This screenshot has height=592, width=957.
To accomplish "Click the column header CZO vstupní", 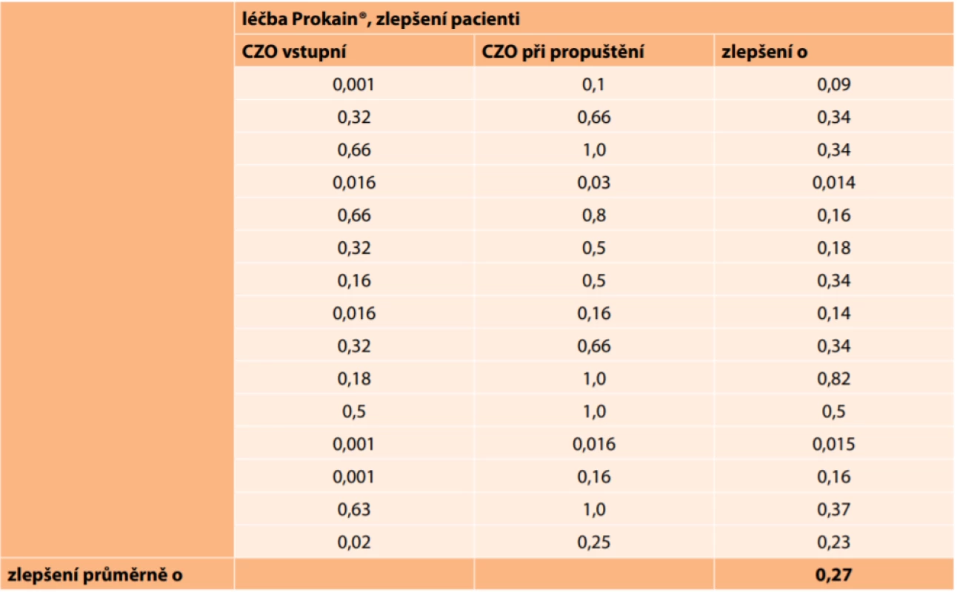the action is pos(294,52).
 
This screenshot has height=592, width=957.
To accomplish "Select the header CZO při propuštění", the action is pos(563,52).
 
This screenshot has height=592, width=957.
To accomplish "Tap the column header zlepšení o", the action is pos(764,52).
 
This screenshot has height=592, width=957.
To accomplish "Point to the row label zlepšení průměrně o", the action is pos(96,574).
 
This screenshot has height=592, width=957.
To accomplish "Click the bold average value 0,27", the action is pos(833,574).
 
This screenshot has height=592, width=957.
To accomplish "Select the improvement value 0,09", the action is pos(833,84).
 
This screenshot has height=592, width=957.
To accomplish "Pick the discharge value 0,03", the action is pos(594,183).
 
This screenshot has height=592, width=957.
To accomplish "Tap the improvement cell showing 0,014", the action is pos(833,183).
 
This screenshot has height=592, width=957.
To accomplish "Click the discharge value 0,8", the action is pos(594,215).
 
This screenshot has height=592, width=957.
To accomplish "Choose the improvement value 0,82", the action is pos(833,379).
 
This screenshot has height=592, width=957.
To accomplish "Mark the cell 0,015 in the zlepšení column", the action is pos(833,444).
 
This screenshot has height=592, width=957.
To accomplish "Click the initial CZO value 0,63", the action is pos(354,509).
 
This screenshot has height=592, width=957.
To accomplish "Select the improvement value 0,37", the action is pos(833,509).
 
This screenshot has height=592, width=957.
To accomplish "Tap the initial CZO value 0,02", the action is pos(354,542).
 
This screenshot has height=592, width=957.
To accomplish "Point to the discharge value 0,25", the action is pos(594,542).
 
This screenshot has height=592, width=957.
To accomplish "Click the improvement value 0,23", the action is pos(833,542).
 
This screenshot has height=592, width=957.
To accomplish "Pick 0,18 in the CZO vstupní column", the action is pos(354,379).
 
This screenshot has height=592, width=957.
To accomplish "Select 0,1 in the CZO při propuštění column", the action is pos(594,84).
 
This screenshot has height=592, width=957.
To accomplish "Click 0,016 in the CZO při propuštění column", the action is pos(594,444).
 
